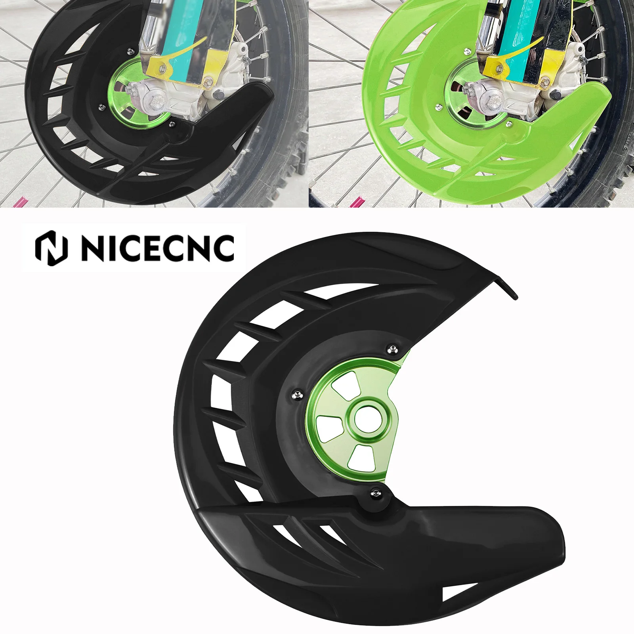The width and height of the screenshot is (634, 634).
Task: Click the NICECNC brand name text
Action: tap(158, 248)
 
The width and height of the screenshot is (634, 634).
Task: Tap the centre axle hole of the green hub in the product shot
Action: tap(367, 420)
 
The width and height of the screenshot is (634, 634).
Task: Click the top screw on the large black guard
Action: tap(392, 349)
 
